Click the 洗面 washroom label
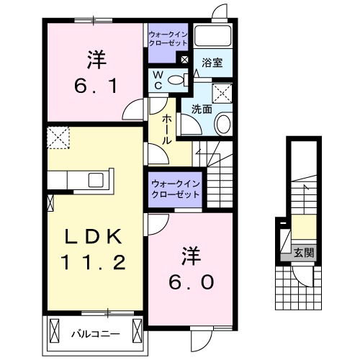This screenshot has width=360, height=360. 201,109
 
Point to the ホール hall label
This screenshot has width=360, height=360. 166,129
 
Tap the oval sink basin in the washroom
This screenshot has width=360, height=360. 222,125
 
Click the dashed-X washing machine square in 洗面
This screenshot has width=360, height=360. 222,91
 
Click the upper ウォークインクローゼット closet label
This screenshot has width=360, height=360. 168,39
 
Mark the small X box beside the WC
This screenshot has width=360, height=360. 185,59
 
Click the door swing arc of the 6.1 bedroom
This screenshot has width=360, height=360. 132,112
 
